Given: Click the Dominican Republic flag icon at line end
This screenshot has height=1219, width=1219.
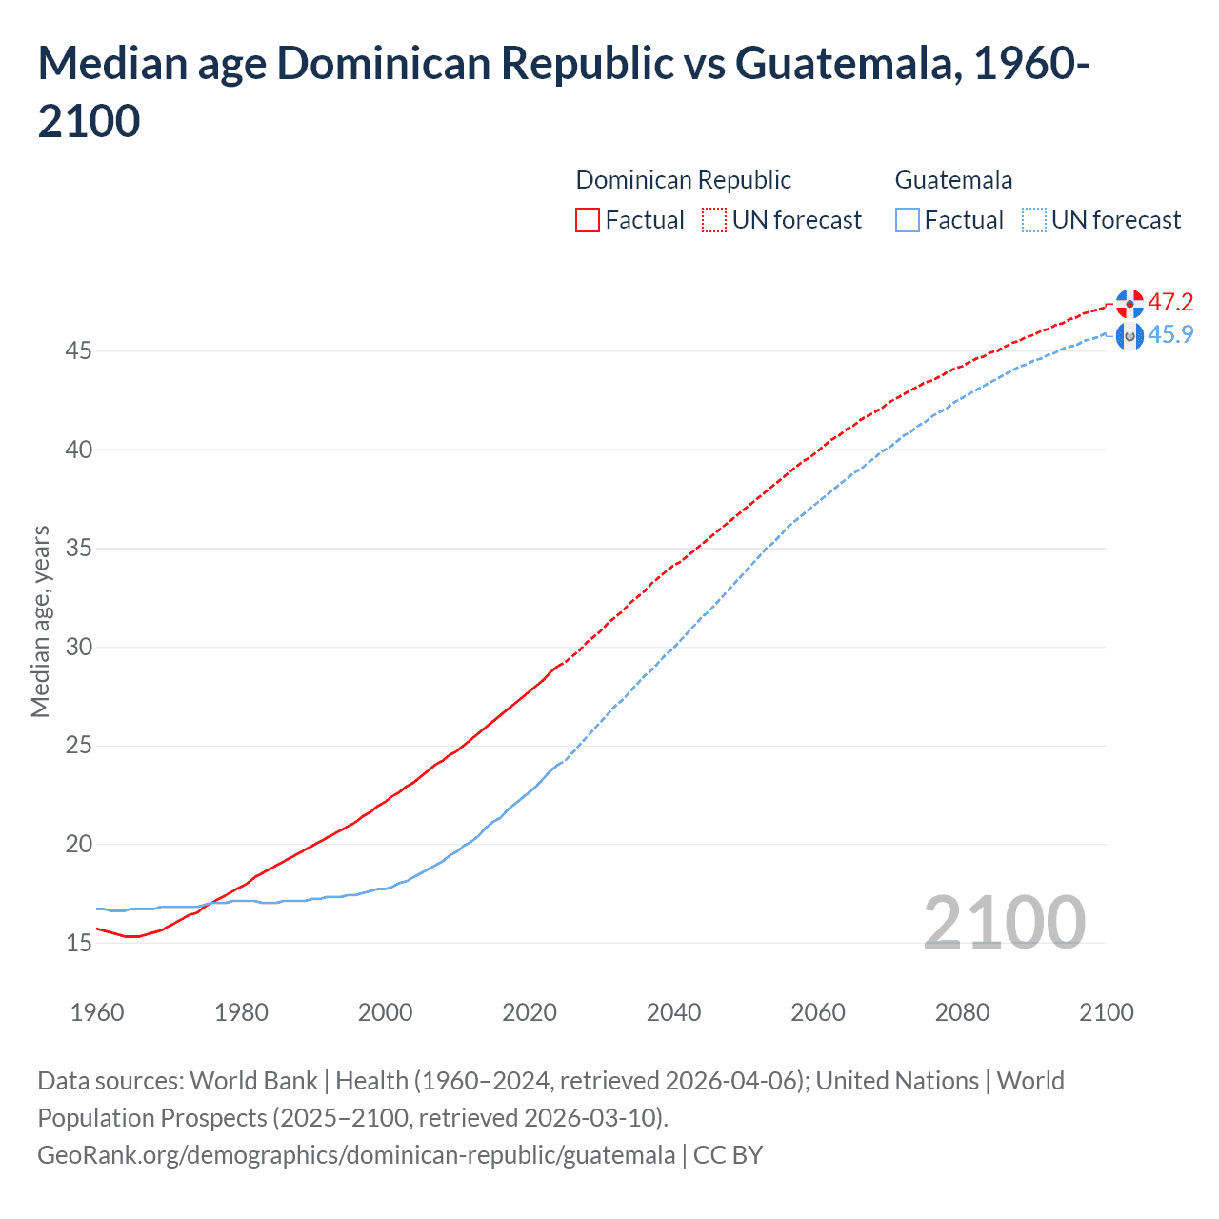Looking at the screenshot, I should pos(1129,303).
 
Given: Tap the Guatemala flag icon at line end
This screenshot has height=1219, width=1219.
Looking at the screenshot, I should pos(1129,335).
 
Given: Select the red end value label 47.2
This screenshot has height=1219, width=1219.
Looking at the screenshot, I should pos(1170,302).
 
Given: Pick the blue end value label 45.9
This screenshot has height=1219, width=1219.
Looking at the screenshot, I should pos(1170,334).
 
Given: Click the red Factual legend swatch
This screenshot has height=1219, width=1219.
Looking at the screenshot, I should pos(588,220).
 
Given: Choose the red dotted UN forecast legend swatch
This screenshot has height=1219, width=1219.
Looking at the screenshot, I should pos(714,220).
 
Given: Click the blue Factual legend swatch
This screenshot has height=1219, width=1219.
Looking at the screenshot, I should pos(908,220).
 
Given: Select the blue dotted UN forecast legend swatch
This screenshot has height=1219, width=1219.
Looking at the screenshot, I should pos(1033,220).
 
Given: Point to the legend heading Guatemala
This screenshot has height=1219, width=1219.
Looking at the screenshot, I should pos(953,180).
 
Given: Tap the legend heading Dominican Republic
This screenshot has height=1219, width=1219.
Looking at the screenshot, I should pos(683,180).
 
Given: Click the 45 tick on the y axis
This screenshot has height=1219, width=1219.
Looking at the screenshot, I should pos(78,351).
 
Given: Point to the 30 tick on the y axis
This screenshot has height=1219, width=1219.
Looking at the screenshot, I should pos(78,648).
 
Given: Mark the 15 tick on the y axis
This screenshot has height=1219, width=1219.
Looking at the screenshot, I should pos(78,943).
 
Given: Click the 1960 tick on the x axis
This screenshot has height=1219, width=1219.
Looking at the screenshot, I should pos(97,1012).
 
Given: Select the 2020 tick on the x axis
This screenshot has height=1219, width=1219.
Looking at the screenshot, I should pos(530,1012).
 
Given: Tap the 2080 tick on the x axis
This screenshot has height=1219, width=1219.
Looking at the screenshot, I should pos(962,1012).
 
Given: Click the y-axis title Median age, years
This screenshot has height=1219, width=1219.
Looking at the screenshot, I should pos(40,621).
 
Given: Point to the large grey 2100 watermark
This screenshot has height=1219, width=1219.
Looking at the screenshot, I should pos(1004,922).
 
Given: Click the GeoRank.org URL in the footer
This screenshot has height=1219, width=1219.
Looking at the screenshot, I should pos(356,1155).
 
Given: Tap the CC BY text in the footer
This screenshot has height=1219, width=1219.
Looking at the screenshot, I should pos(728,1155).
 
